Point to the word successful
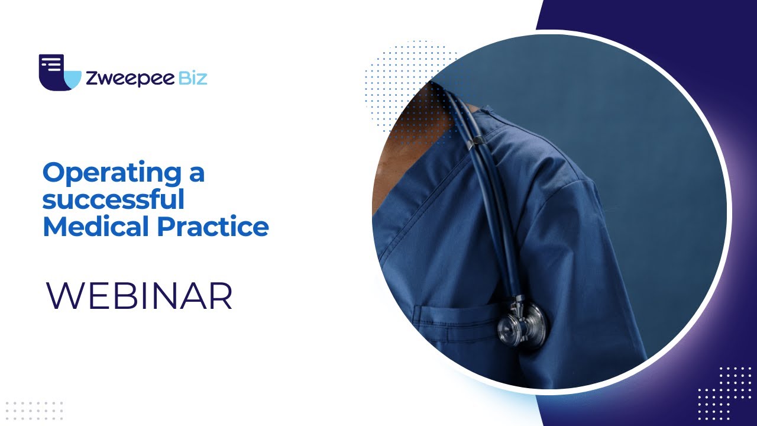point(113,199)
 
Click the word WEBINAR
point(140,296)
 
